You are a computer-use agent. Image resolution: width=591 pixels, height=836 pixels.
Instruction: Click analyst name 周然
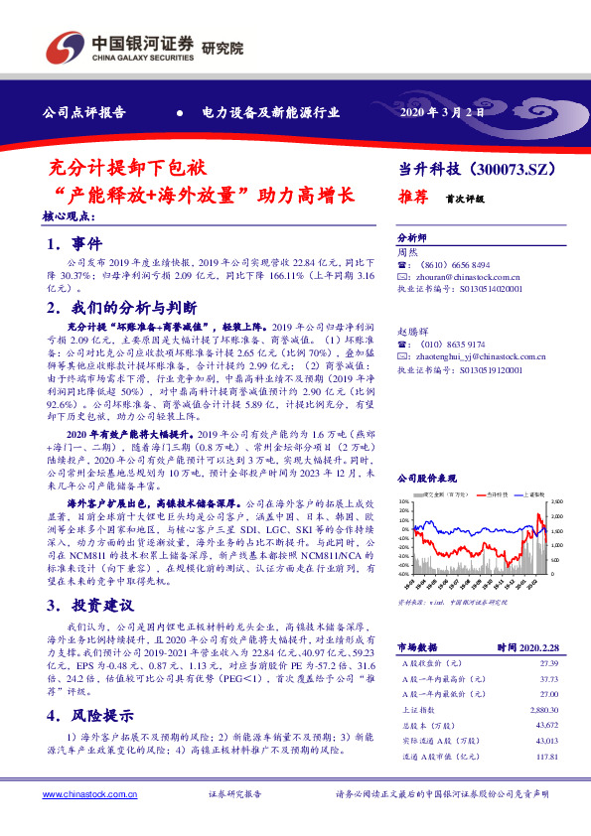point(406,253)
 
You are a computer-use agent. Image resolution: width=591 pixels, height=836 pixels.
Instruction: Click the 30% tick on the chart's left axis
point(403,502)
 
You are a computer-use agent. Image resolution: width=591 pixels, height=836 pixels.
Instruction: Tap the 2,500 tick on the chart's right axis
point(555,502)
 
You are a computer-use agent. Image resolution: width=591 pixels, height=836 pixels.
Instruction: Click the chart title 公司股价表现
point(427,478)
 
